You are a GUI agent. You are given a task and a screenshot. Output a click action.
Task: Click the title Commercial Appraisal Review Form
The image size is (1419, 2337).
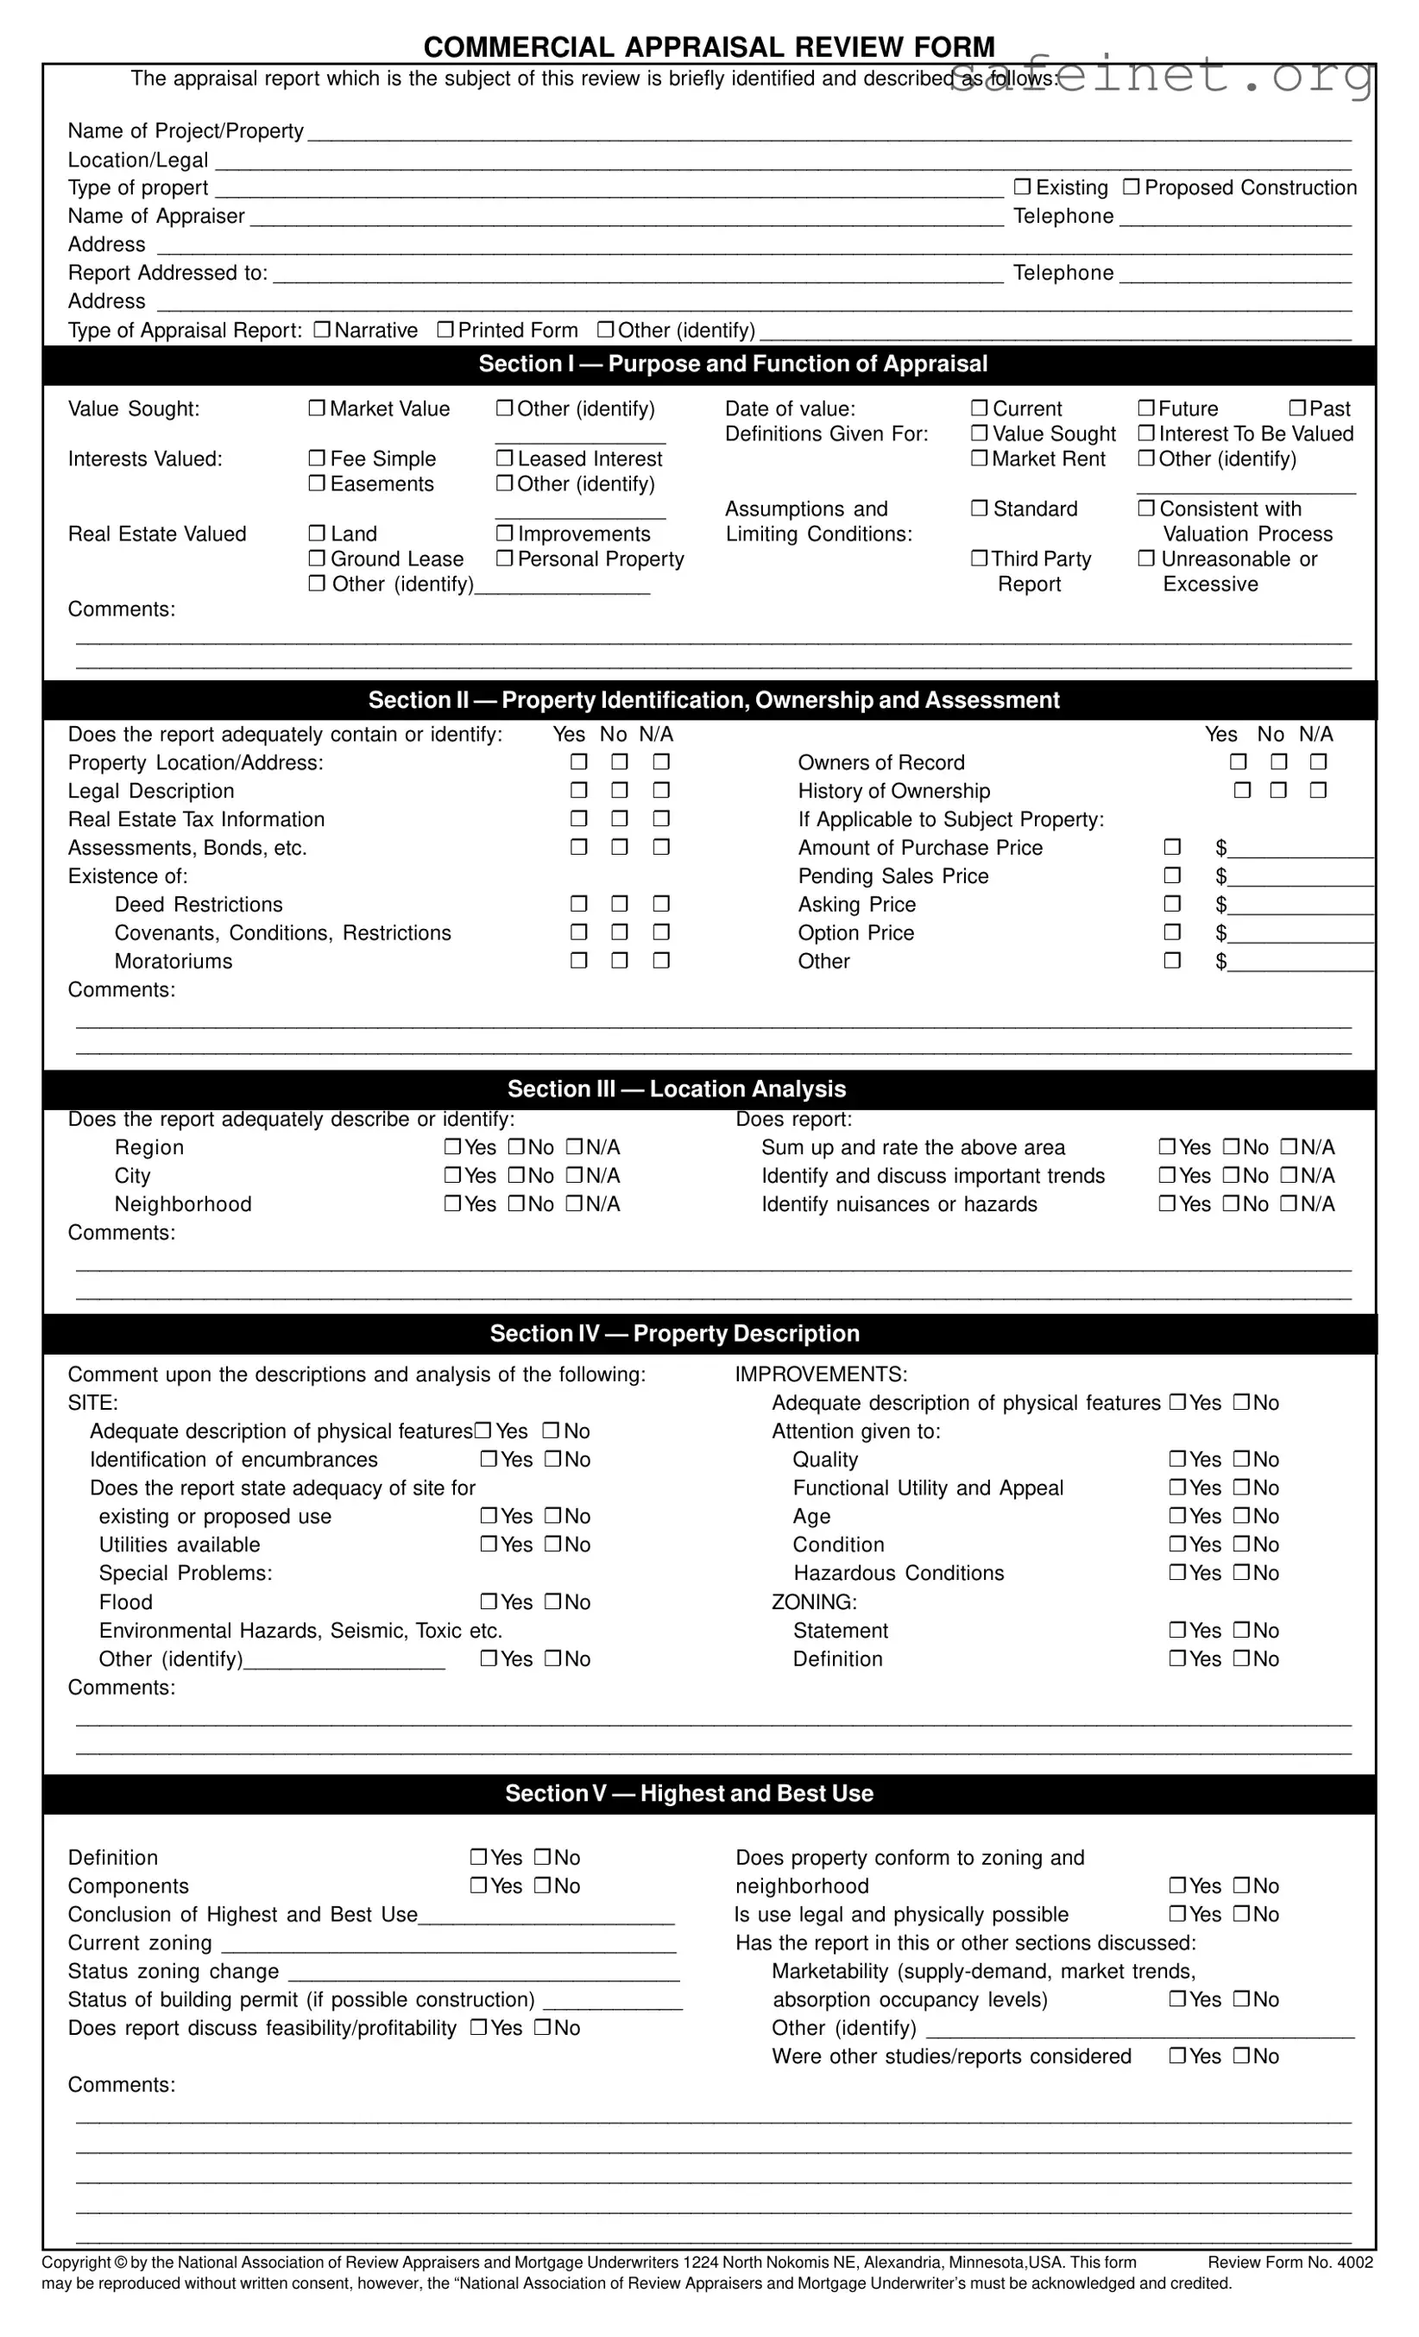tap(709, 47)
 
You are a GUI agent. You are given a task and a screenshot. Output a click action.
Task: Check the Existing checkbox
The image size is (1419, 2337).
tap(1022, 186)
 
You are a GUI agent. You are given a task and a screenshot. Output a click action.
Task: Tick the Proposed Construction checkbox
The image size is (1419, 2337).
tap(1131, 186)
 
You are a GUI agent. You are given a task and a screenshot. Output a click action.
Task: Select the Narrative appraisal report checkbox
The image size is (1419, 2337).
tap(322, 329)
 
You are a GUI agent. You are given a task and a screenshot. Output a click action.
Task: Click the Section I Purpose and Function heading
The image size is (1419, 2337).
tap(732, 364)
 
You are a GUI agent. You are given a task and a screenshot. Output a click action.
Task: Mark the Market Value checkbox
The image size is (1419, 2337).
tap(317, 407)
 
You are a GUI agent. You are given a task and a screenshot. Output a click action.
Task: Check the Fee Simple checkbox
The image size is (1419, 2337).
tap(317, 458)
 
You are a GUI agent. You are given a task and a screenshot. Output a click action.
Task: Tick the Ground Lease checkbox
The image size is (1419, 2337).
tap(317, 559)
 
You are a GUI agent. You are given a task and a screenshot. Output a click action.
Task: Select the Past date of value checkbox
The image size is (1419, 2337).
tap(1297, 407)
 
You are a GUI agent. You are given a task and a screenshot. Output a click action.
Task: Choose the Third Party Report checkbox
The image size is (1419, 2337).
tap(979, 559)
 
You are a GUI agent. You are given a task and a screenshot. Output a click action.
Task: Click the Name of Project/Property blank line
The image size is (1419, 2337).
tap(828, 133)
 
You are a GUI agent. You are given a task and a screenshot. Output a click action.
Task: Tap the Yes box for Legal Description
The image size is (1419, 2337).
tap(578, 790)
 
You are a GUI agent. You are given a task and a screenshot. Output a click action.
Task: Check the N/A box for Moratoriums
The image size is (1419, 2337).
tap(661, 961)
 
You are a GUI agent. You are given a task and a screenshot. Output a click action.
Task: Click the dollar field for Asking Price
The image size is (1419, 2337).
tap(1300, 906)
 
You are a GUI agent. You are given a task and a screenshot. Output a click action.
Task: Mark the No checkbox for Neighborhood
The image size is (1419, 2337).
tap(516, 1203)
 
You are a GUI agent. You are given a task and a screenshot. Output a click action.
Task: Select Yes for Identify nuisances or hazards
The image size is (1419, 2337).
tap(1168, 1203)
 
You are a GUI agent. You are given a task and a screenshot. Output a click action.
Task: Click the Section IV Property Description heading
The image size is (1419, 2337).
tap(674, 1334)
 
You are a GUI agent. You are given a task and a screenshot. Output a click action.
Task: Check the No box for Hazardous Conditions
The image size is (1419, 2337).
tap(1241, 1573)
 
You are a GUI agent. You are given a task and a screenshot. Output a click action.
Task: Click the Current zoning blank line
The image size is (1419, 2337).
tap(448, 1943)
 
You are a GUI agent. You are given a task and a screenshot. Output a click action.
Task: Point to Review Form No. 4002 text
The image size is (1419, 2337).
tap(1290, 2263)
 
